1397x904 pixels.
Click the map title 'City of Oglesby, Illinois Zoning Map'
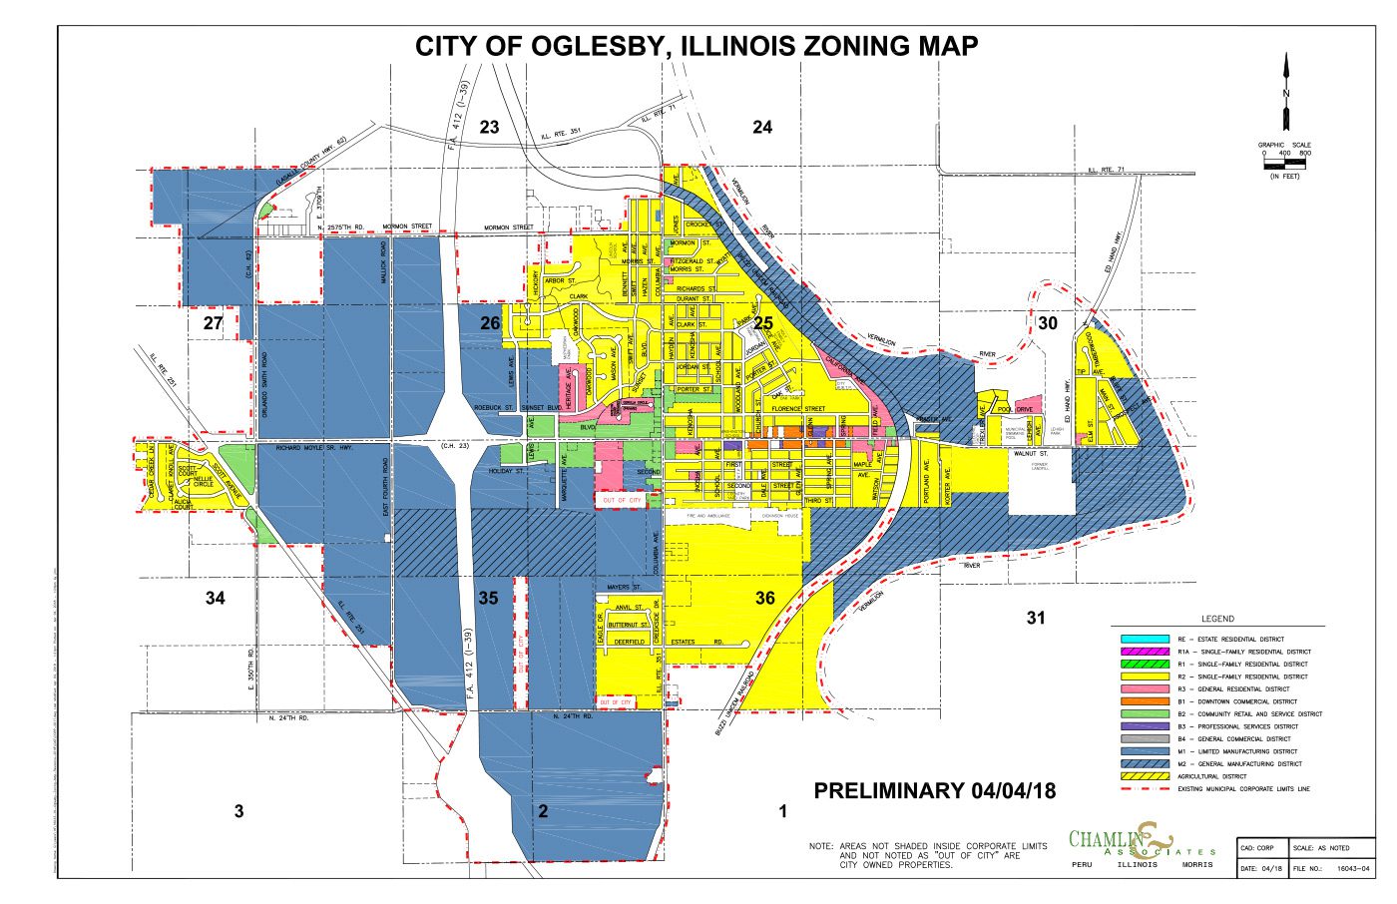pyautogui.click(x=697, y=46)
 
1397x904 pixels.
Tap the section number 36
pyautogui.click(x=764, y=599)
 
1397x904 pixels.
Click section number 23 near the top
pyautogui.click(x=489, y=127)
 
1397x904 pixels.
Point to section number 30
pyautogui.click(x=1048, y=323)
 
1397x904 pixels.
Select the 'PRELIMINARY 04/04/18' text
pyautogui.click(x=934, y=791)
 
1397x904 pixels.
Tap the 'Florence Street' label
pyautogui.click(x=797, y=408)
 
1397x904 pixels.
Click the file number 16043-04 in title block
pyautogui.click(x=1349, y=868)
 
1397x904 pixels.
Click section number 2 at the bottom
pyautogui.click(x=543, y=811)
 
